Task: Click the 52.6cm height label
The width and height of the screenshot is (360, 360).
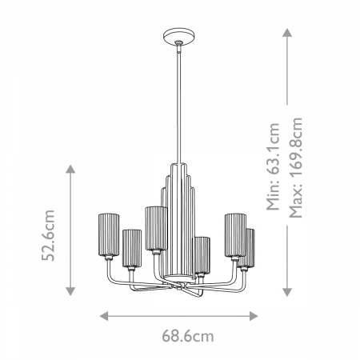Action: [x=49, y=236]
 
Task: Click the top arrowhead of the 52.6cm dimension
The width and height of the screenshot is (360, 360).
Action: [x=70, y=170]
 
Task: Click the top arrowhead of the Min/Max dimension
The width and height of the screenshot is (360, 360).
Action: [x=286, y=33]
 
